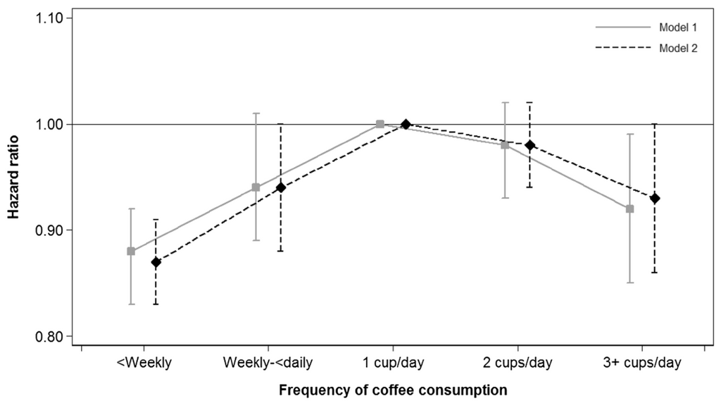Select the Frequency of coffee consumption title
point(393,390)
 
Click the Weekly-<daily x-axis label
point(268,364)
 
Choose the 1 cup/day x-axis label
point(393,364)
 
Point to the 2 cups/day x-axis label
point(518,364)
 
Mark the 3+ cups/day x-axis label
point(642,364)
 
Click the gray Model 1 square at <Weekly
point(131,251)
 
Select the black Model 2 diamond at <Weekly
point(156,262)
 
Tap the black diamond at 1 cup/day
point(406,125)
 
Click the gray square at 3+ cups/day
point(629,209)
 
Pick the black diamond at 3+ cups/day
point(655,199)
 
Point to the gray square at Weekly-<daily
point(256,187)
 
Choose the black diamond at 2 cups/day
point(530,145)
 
